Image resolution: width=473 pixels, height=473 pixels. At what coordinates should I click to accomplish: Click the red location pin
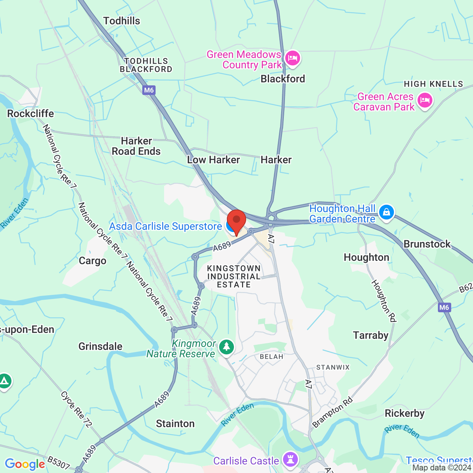click(x=236, y=221)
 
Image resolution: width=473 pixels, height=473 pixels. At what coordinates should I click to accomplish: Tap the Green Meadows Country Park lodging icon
click(x=293, y=58)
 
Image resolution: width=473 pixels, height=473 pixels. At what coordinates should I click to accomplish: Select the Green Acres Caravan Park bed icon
click(x=425, y=101)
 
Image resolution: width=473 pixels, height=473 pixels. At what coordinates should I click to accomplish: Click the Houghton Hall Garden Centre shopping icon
click(x=386, y=212)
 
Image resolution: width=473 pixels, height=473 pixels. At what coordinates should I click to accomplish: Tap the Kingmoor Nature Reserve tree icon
click(x=226, y=347)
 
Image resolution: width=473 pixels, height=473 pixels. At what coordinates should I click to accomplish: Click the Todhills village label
click(x=122, y=21)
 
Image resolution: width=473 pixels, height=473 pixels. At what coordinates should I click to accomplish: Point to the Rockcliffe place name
click(x=31, y=114)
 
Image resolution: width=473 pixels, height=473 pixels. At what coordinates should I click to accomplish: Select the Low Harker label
click(x=213, y=160)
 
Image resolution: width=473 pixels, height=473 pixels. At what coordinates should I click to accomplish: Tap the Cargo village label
click(x=92, y=261)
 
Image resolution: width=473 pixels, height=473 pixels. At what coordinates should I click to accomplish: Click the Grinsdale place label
click(x=100, y=347)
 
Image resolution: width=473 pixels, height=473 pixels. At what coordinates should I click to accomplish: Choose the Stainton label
click(x=175, y=423)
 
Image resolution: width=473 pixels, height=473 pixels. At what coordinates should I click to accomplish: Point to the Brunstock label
click(x=427, y=244)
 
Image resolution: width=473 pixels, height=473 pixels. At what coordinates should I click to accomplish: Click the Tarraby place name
click(x=370, y=336)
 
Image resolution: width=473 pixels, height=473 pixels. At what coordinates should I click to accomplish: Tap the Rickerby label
click(x=404, y=414)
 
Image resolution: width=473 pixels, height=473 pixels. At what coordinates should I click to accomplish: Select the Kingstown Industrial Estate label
click(x=234, y=276)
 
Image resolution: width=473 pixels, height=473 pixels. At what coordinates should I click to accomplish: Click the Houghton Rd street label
click(x=384, y=301)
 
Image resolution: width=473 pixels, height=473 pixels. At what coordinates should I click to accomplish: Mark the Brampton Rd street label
click(x=333, y=412)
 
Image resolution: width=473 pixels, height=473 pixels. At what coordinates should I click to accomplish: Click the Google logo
click(x=25, y=464)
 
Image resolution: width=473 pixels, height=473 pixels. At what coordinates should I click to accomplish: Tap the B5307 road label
click(x=59, y=463)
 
